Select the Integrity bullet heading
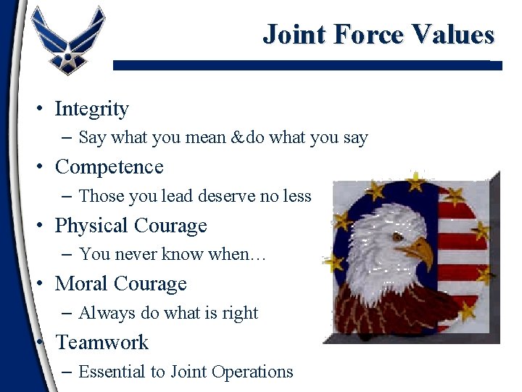click(91, 109)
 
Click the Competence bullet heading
click(109, 167)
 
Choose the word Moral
click(80, 284)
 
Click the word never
click(142, 254)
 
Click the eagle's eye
click(397, 237)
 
